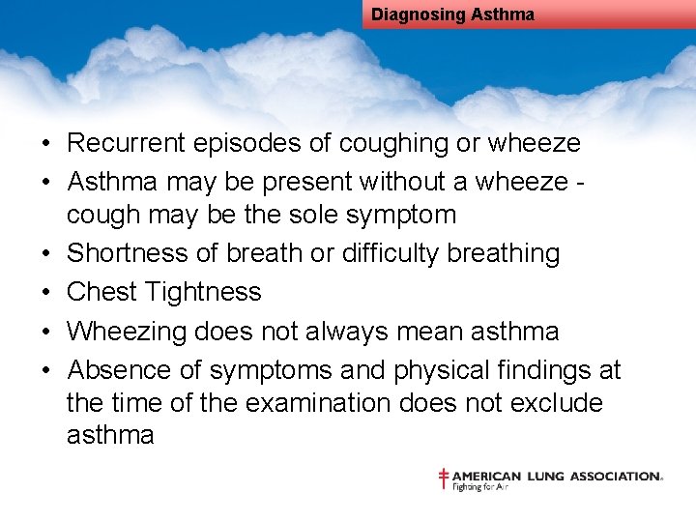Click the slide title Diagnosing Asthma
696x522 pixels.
coord(452,14)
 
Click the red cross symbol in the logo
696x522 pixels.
coord(444,478)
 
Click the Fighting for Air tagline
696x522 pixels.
coord(480,487)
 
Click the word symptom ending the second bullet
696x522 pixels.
coord(398,214)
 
